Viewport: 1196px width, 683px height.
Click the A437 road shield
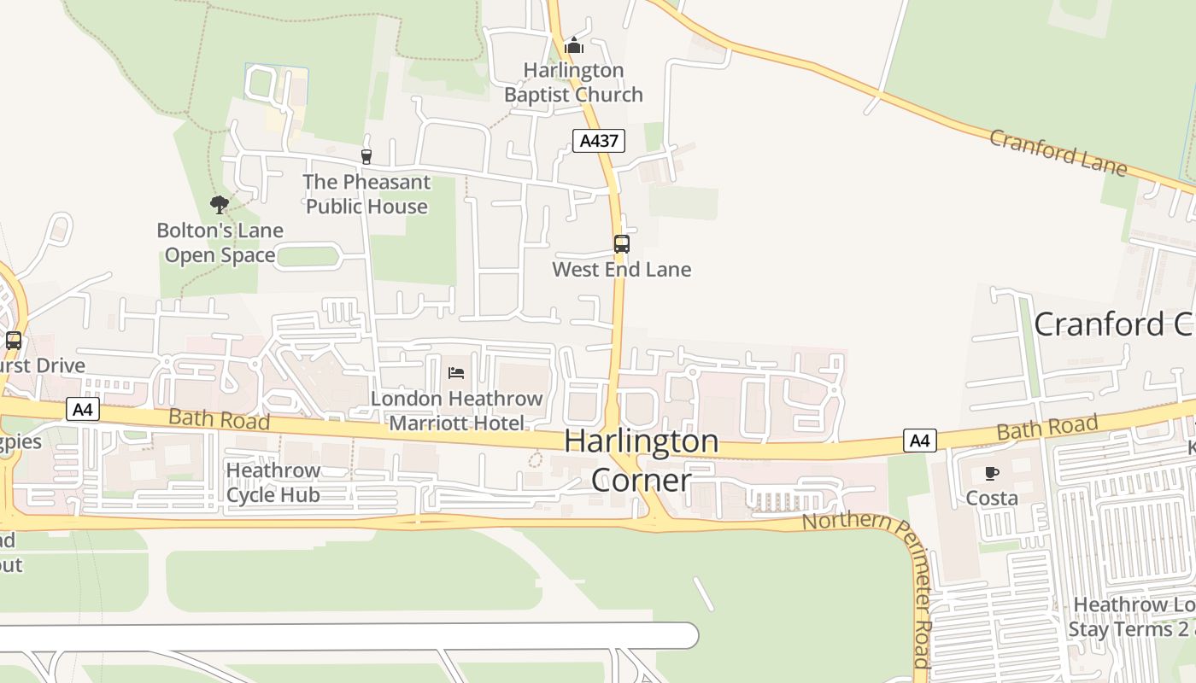(598, 141)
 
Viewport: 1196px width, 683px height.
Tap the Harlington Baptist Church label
(573, 82)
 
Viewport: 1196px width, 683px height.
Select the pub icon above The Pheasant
(366, 156)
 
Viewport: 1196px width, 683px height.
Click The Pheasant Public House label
(366, 194)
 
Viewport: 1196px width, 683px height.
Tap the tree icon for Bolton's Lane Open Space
(219, 205)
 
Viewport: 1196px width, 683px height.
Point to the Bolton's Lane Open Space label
(220, 242)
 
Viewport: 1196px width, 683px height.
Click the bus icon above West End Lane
(622, 244)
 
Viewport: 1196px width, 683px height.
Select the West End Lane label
(621, 270)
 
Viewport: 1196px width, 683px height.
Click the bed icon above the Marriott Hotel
(456, 373)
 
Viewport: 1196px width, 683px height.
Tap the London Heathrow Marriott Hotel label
(456, 411)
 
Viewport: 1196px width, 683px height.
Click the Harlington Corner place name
(641, 460)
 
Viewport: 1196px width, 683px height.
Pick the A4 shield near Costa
(919, 441)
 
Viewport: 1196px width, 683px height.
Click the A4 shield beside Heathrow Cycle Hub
(82, 410)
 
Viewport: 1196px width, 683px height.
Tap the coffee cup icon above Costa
(992, 473)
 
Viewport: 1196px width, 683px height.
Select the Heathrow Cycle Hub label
(273, 482)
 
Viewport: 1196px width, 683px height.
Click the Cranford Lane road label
(1058, 152)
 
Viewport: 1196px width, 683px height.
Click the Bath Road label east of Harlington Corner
(1047, 428)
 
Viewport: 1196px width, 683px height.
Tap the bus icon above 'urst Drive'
(14, 341)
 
